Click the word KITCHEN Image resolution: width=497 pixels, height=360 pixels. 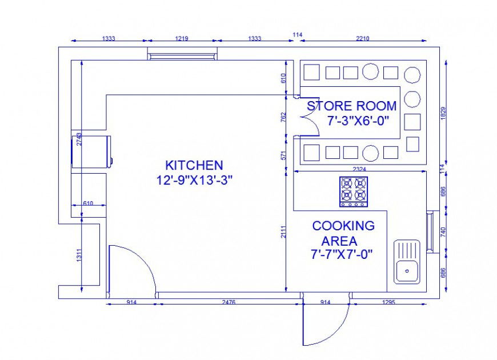(194, 166)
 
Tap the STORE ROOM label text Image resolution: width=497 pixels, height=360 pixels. (351, 106)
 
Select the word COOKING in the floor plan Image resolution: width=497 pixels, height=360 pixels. (343, 226)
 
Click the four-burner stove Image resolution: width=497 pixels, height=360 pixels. (354, 191)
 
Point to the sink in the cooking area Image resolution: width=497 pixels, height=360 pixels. (407, 262)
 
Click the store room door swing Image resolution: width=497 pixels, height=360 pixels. (308, 122)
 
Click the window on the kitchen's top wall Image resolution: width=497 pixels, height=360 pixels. (182, 55)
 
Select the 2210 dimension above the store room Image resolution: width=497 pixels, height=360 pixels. (363, 38)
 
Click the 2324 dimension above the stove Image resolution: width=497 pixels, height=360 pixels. (359, 169)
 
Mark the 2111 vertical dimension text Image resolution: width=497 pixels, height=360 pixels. (284, 231)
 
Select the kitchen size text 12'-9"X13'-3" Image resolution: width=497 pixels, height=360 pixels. (194, 180)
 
